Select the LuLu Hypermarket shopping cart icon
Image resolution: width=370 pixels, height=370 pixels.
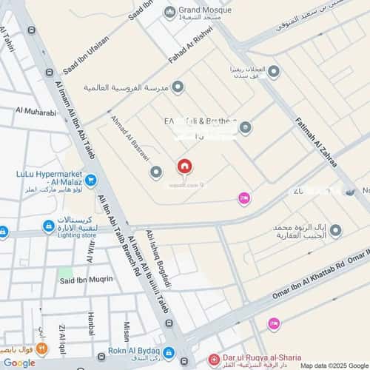[90, 179]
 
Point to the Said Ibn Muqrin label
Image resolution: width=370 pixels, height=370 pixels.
[86, 279]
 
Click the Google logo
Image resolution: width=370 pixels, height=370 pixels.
[18, 363]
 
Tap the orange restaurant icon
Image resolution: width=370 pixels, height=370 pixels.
[42, 347]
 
